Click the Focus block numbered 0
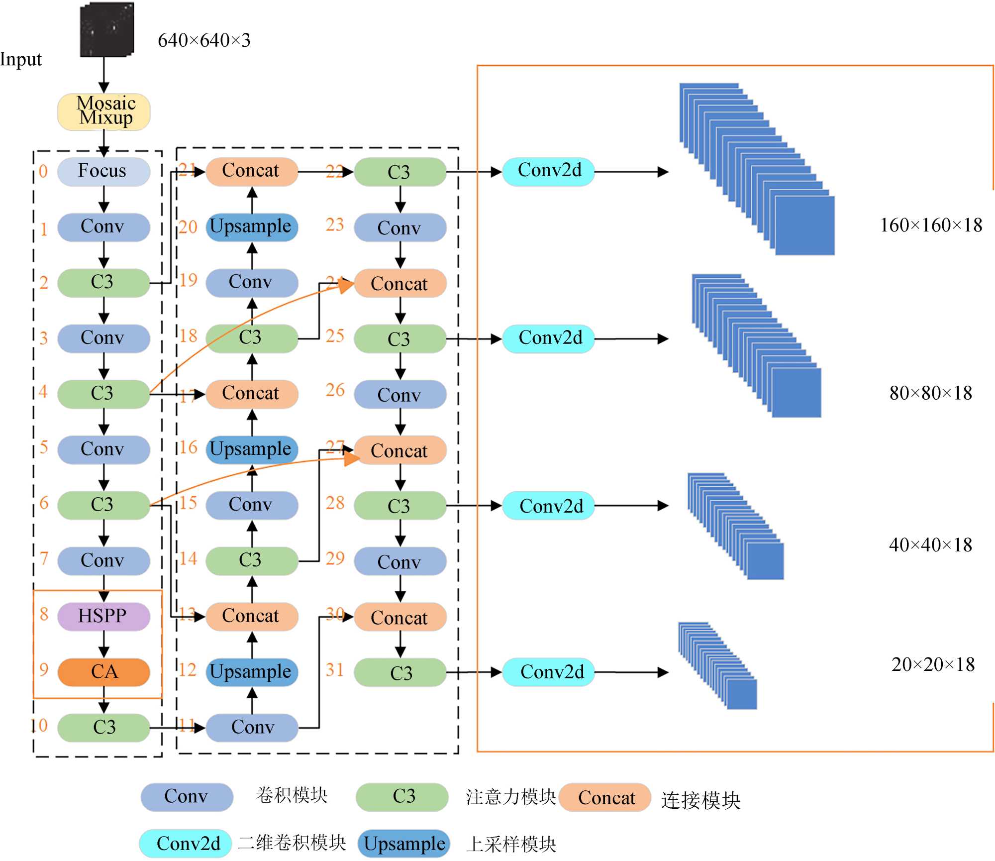tap(103, 172)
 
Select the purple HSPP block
tap(103, 617)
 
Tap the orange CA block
tap(103, 672)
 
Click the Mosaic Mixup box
tap(104, 111)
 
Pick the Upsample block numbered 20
tap(252, 227)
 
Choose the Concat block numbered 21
tap(252, 172)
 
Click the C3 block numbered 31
tap(400, 673)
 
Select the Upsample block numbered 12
tap(252, 672)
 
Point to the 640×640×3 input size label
tap(204, 40)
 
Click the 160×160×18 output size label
tap(931, 225)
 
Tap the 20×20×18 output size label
tap(933, 664)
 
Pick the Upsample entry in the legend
tap(404, 844)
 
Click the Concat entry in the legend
tap(605, 797)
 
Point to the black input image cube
tap(107, 30)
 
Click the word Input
tap(21, 59)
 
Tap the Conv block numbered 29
tap(400, 561)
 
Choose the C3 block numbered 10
tap(103, 728)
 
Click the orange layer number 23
tap(335, 224)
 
